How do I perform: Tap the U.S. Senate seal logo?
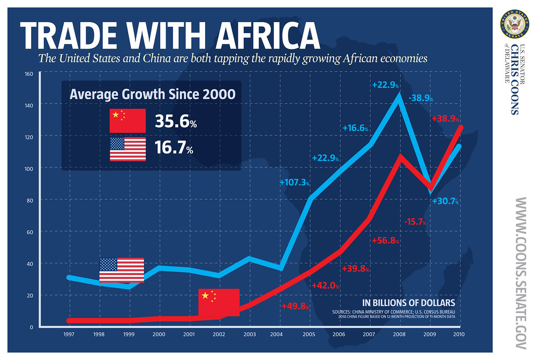tap(514, 24)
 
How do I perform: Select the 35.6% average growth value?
tap(176, 122)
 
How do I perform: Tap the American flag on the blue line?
tap(122, 270)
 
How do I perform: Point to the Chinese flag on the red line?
tap(219, 302)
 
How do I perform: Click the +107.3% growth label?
tap(294, 182)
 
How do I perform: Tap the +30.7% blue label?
tap(445, 201)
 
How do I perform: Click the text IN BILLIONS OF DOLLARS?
tap(408, 303)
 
